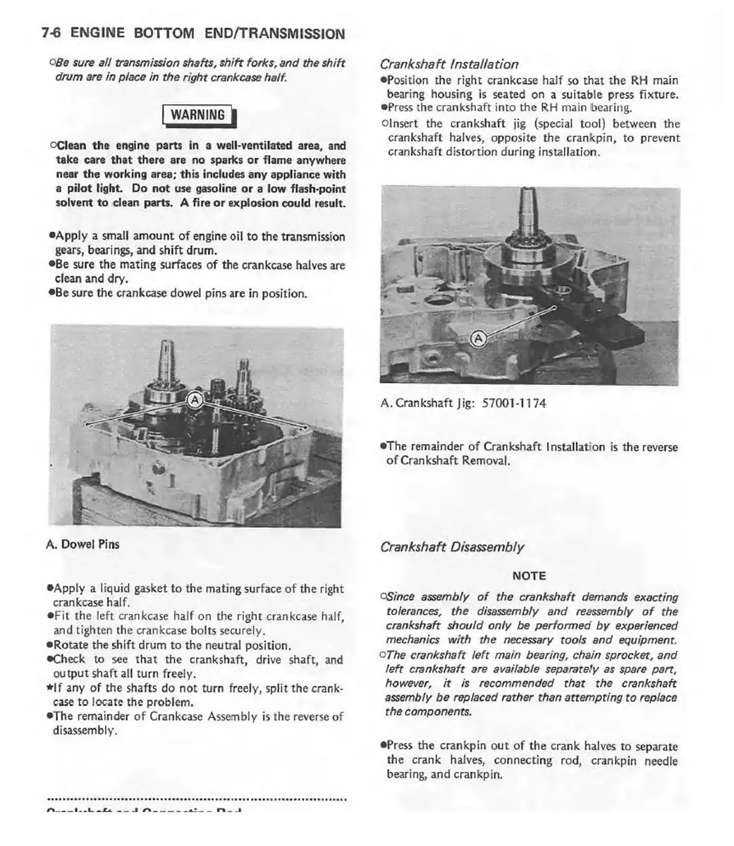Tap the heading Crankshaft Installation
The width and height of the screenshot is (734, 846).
[x=448, y=64]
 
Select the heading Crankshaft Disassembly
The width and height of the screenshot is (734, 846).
[x=452, y=546]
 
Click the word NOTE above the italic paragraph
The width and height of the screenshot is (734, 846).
[x=529, y=575]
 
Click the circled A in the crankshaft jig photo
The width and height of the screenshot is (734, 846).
[x=477, y=338]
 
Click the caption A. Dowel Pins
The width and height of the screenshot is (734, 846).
[x=82, y=544]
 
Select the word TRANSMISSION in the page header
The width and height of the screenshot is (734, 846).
[x=291, y=33]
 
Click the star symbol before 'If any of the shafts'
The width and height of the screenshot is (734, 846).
[x=49, y=688]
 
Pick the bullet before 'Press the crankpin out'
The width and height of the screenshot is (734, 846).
[x=383, y=746]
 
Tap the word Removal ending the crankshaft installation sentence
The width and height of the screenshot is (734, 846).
[x=485, y=460]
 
